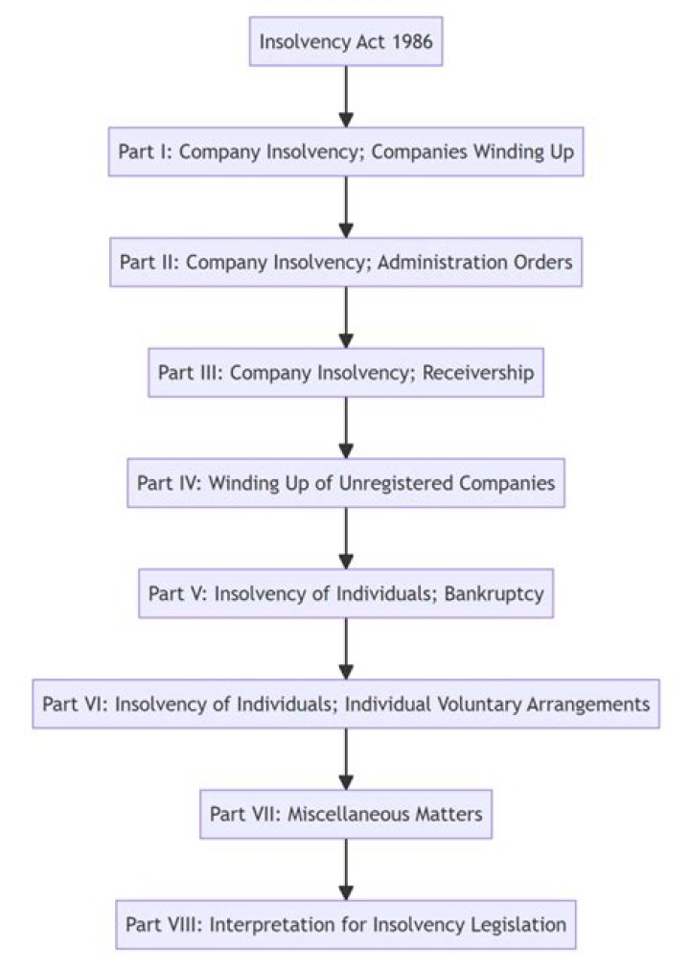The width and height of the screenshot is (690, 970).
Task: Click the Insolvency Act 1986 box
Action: tap(346, 41)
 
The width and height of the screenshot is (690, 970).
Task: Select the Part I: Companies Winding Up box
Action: tap(346, 151)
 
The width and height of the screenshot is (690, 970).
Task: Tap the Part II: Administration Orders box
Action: tap(346, 262)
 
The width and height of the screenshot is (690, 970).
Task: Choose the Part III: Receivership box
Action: tap(346, 372)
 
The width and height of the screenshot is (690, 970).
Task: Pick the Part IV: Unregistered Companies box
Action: tap(346, 482)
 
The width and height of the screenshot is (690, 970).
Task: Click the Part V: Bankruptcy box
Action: tap(346, 592)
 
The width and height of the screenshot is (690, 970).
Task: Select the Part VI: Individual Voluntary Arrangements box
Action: tap(346, 704)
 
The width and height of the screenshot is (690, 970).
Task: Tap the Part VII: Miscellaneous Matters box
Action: tap(346, 814)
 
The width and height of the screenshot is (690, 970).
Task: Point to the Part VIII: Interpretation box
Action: tap(346, 924)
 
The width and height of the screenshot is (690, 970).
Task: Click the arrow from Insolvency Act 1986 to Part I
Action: tap(346, 96)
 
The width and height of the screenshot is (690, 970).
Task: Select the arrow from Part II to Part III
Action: tap(346, 316)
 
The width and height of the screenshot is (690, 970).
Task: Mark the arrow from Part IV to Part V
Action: tap(346, 537)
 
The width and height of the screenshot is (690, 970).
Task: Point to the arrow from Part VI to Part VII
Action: tap(346, 758)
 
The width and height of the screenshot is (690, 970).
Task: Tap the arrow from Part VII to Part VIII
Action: tap(346, 868)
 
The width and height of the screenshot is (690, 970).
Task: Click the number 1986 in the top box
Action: tap(410, 41)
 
